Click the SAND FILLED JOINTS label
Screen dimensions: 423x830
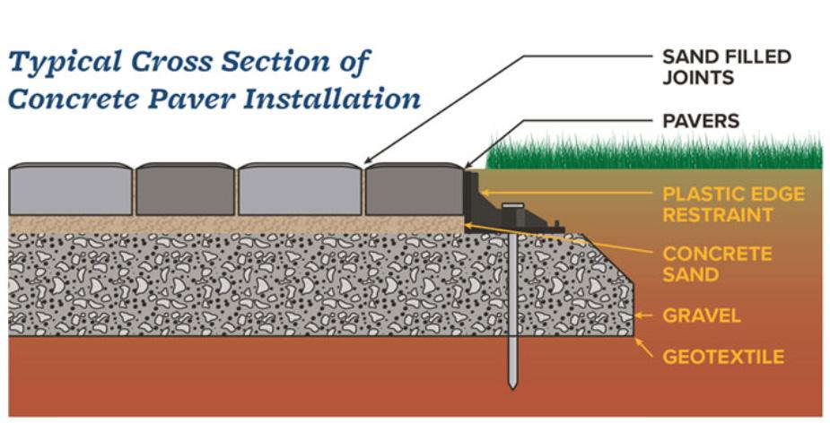[726, 67]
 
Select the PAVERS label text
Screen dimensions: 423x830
[700, 120]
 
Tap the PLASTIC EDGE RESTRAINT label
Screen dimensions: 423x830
[733, 204]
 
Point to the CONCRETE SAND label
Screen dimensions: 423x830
[717, 263]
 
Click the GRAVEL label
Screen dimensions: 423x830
[701, 315]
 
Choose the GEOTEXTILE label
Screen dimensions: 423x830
[723, 357]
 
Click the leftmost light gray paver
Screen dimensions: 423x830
[70, 189]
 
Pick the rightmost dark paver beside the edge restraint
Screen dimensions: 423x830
[414, 189]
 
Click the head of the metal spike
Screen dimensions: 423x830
[511, 207]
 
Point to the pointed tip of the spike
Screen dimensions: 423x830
[512, 385]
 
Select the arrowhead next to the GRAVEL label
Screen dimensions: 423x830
[638, 315]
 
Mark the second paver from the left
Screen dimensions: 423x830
[185, 189]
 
